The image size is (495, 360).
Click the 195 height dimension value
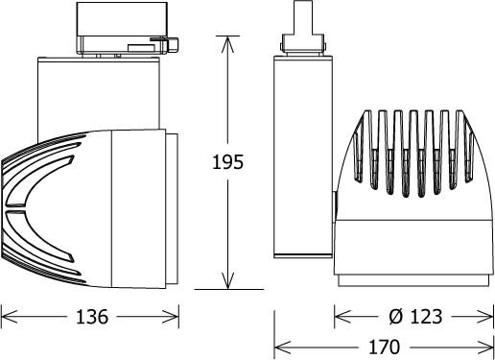[x=227, y=162]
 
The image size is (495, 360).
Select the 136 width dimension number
[x=92, y=317]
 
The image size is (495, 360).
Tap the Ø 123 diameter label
[x=415, y=317]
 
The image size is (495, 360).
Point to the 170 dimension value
[x=384, y=348]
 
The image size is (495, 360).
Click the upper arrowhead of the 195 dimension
[x=227, y=44]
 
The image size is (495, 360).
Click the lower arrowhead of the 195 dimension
[x=227, y=280]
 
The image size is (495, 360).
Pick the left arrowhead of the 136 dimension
[x=9, y=317]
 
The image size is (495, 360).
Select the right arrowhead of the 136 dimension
[x=171, y=317]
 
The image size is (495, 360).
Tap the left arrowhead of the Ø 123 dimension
[x=342, y=317]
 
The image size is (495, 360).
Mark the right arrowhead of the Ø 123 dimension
[x=485, y=317]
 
